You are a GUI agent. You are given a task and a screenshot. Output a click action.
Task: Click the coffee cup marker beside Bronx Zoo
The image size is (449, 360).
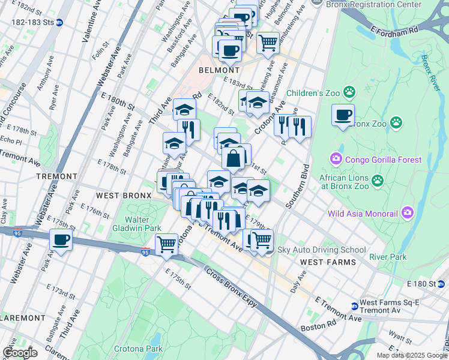[x=343, y=115]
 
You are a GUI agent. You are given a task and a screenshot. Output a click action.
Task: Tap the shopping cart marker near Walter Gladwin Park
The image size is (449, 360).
[x=166, y=244]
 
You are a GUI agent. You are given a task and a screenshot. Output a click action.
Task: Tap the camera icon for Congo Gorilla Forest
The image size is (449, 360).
[x=336, y=160]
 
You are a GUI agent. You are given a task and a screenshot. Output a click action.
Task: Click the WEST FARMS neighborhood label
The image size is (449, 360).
[x=328, y=262]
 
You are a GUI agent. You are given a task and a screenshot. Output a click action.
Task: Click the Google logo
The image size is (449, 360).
[x=20, y=353]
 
